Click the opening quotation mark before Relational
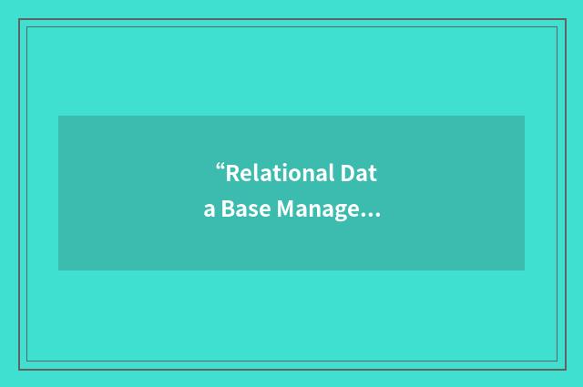220,167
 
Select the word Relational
279,173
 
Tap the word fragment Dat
359,173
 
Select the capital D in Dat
346,173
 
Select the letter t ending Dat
372,174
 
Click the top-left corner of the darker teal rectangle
58,116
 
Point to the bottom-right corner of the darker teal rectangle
524,270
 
